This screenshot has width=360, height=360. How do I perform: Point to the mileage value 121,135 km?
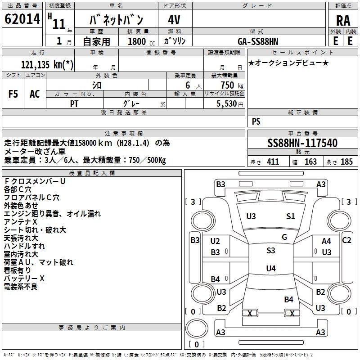47,64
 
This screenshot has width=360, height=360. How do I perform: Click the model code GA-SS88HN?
258,41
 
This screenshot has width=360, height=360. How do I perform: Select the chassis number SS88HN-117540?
302,144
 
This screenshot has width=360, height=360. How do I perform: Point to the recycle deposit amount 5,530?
227,103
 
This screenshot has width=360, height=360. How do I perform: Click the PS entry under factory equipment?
256,121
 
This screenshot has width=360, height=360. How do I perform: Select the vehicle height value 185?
346,162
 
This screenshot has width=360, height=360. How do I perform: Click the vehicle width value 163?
310,162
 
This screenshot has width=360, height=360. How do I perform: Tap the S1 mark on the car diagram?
291,216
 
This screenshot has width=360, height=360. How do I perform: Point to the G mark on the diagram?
284,237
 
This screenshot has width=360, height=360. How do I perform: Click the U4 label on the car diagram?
270,269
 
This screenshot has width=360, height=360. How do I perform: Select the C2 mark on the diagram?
346,240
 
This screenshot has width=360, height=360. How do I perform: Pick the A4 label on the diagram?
326,242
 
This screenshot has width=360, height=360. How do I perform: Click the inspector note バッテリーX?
24,279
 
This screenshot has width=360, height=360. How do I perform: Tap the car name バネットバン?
117,20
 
